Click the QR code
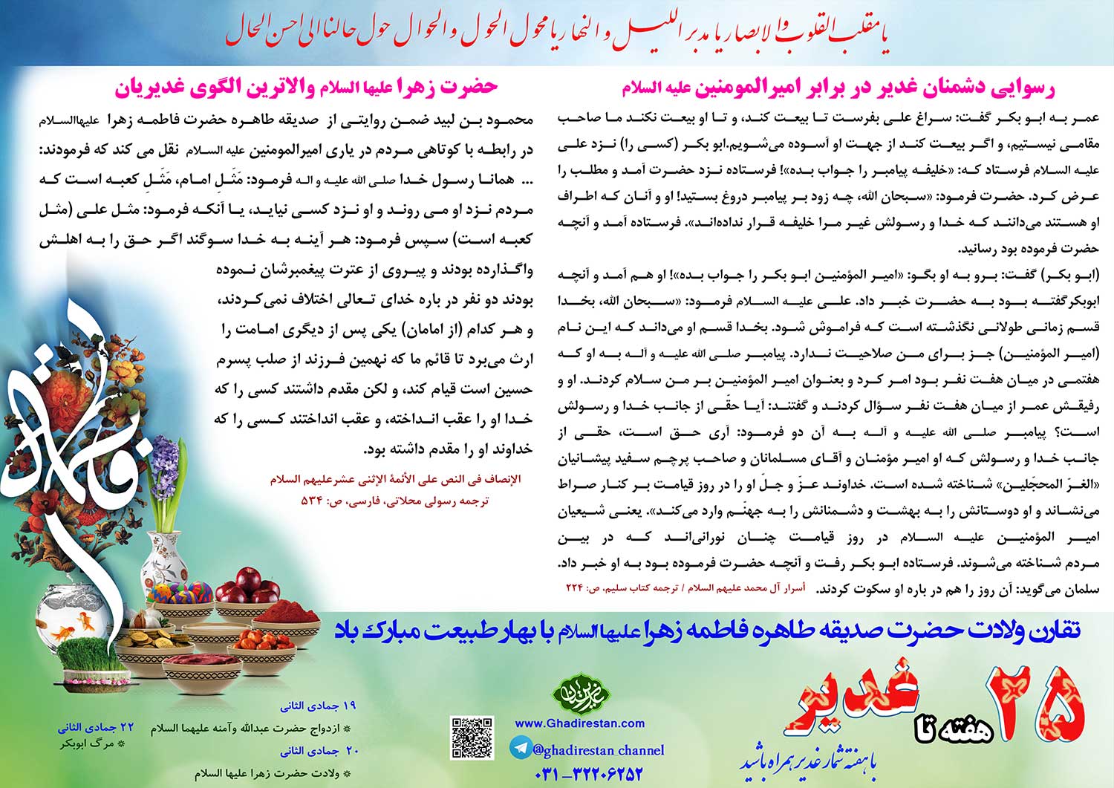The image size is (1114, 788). click(472, 737)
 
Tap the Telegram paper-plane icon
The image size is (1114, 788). click(521, 748)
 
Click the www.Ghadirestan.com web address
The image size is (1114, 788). click(579, 723)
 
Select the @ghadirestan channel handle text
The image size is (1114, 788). click(599, 749)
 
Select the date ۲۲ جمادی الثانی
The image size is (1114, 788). click(97, 727)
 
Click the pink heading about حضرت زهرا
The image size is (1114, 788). click(306, 87)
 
